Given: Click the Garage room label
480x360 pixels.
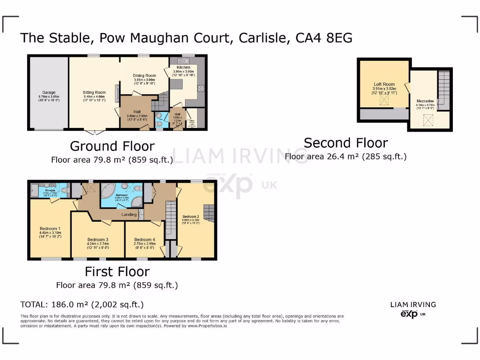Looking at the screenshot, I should click(48, 92).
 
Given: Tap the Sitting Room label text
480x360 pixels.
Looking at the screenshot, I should click(94, 92).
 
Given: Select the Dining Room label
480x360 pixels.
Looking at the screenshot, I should click(144, 75).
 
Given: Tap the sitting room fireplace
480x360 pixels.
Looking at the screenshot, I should click(118, 96).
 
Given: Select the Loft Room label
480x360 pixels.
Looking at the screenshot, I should click(384, 84).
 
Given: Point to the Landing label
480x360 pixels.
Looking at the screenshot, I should click(129, 214).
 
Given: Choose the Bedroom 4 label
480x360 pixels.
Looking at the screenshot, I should click(144, 239).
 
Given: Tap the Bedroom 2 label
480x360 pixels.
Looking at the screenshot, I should click(191, 216).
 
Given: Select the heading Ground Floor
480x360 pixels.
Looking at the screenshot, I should click(112, 146).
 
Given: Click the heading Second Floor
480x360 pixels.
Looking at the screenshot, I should click(345, 142).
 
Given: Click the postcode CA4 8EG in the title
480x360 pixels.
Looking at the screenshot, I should click(324, 37).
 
